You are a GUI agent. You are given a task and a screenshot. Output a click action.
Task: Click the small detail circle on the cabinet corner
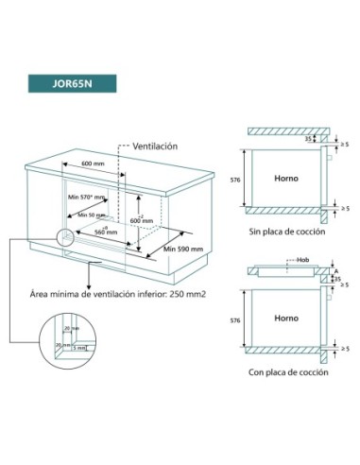point(66,241)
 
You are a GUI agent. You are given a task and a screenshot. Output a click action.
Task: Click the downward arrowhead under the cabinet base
point(88,279)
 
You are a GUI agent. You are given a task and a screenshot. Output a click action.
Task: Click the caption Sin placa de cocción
point(286,230)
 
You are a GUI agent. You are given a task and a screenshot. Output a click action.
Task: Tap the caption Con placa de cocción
point(286,372)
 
